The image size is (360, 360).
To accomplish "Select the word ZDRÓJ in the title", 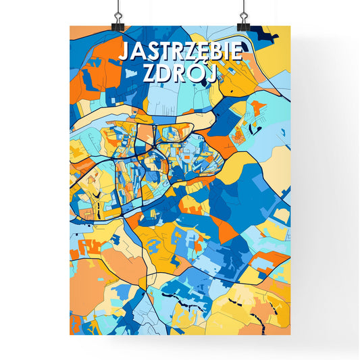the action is coord(180,74).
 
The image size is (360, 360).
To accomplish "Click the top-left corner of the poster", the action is coord(70,26).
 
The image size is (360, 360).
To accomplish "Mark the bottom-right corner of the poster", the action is coord(290,335).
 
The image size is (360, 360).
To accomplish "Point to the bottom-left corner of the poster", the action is coord(70,335).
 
